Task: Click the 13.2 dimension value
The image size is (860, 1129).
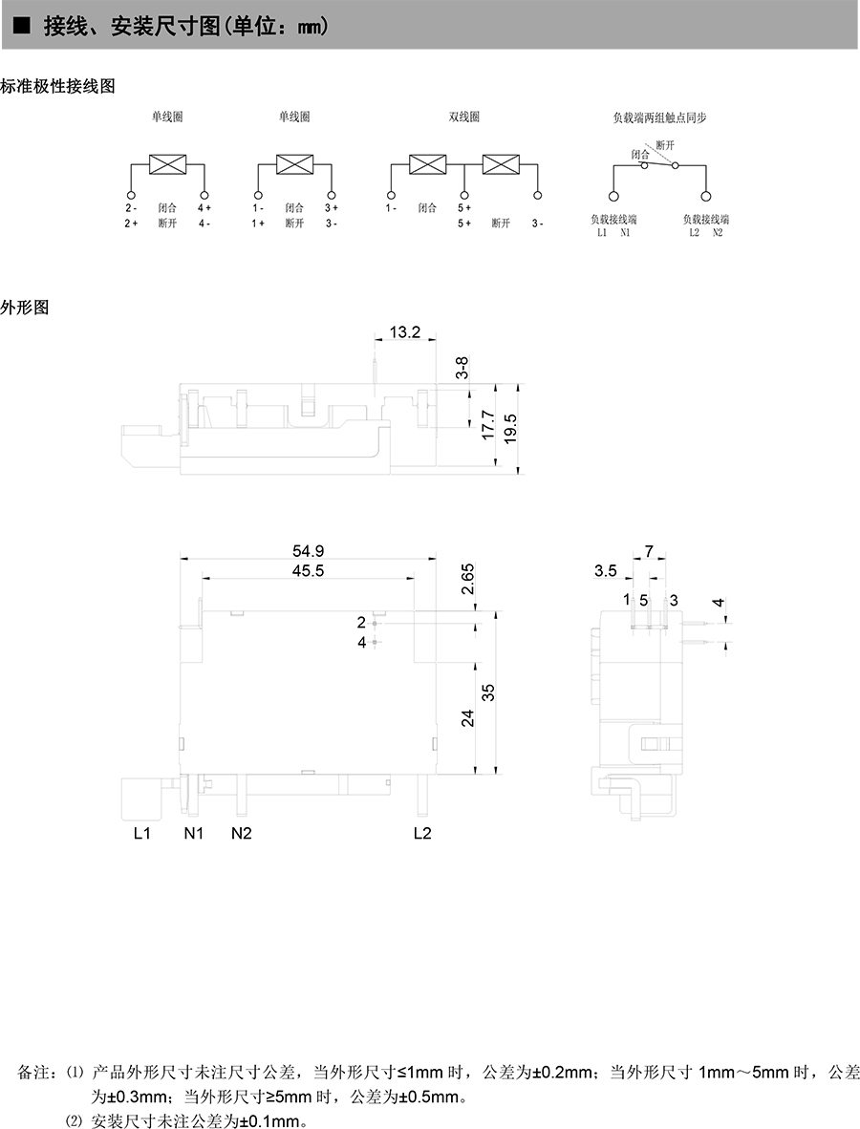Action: (405, 331)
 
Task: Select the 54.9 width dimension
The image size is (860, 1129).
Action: (309, 551)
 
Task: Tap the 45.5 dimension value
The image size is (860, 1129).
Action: (309, 570)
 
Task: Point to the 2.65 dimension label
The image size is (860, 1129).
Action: (468, 580)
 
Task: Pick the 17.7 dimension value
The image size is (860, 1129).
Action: (487, 425)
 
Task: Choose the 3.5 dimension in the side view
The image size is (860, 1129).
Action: (606, 571)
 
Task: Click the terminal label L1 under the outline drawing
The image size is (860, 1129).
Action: (142, 834)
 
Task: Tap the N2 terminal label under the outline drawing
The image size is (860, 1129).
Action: (242, 834)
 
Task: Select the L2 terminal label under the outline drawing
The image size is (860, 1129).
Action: (422, 834)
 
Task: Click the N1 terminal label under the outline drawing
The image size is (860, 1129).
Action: (194, 834)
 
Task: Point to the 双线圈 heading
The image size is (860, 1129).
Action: (464, 117)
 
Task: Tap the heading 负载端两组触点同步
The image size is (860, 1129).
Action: (659, 117)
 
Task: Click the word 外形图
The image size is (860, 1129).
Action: (25, 308)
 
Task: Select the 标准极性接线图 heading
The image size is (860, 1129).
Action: (58, 86)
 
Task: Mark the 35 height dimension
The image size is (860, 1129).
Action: (488, 693)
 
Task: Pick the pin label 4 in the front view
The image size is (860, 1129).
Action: (362, 643)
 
